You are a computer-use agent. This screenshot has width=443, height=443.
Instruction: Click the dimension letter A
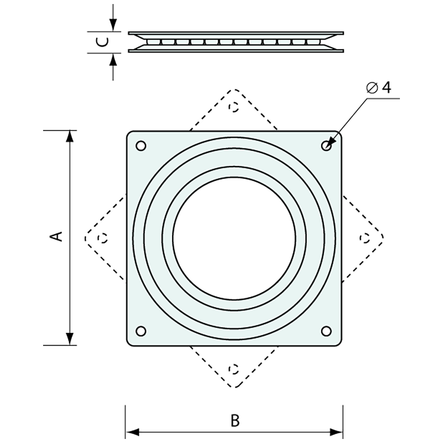(x=56, y=236)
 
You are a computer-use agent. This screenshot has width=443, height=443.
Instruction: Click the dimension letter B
(x=235, y=420)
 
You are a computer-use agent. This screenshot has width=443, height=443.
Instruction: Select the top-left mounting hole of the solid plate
(x=141, y=146)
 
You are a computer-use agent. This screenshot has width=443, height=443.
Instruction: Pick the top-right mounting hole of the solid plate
(x=326, y=146)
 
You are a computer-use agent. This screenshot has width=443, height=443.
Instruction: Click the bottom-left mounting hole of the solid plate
(x=141, y=331)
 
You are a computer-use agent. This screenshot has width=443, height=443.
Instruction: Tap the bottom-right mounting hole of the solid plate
(x=326, y=331)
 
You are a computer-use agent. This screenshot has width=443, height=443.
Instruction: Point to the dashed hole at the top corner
(x=233, y=107)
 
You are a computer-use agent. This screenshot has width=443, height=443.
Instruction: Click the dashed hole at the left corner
(x=103, y=238)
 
